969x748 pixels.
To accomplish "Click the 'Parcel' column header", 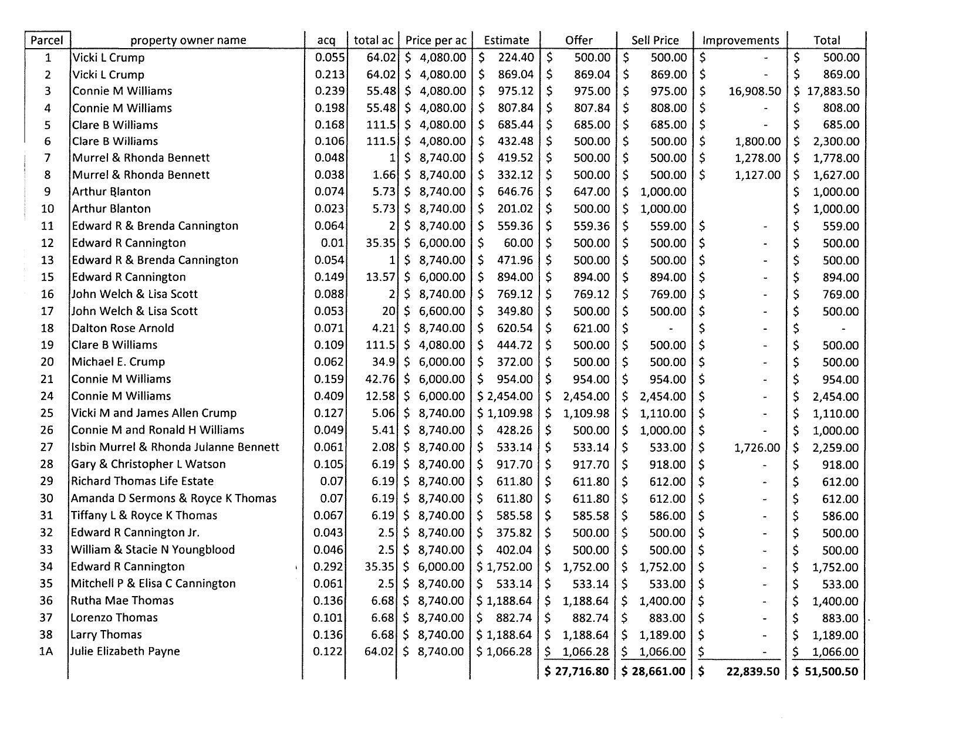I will [x=47, y=40].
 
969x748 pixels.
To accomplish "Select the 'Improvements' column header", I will [x=741, y=40].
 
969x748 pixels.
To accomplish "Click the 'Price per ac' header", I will [x=435, y=40].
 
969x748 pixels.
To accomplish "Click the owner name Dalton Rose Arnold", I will [x=123, y=328].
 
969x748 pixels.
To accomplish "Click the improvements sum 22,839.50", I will [x=752, y=671].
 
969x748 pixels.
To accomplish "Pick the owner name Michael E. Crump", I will [x=118, y=362].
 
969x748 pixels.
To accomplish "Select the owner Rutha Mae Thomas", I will [x=122, y=600].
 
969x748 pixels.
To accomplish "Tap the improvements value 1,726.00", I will [x=757, y=448].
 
